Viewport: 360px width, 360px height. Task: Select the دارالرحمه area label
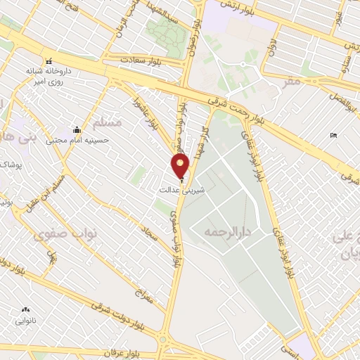click(229, 231)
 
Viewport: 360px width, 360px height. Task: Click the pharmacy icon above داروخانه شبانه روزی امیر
click(49, 61)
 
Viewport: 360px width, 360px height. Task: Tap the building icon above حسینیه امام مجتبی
click(77, 129)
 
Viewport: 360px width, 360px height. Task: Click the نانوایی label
click(26, 320)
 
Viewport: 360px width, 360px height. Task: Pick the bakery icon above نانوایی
click(26, 309)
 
